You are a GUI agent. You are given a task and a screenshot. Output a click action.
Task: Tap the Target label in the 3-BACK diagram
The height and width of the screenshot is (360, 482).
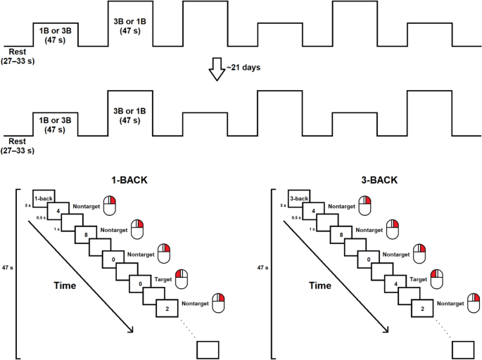point(418,280)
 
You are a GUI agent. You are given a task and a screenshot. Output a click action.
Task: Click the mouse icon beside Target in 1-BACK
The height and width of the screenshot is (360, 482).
point(184,277)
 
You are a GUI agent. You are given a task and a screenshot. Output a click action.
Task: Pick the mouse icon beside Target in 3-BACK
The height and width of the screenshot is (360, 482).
point(440,277)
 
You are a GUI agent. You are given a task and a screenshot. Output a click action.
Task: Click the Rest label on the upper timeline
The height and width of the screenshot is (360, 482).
point(18,51)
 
